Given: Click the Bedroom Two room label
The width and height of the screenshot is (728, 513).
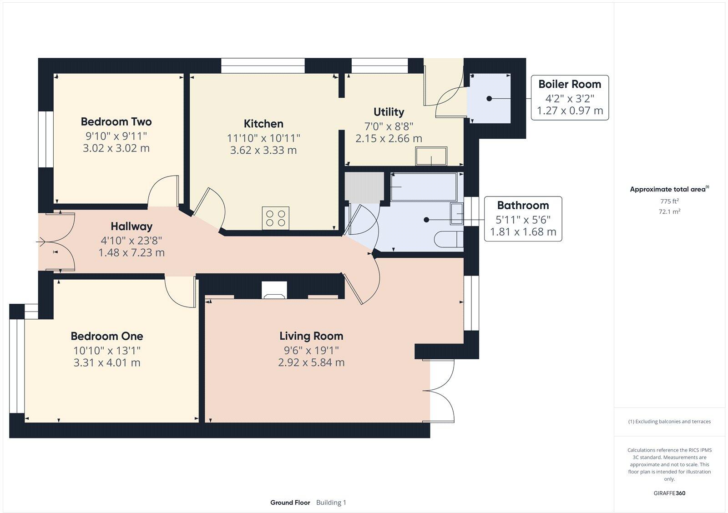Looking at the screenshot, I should pos(116,121).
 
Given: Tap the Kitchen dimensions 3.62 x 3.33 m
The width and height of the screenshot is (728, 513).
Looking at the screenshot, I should pos(263,150).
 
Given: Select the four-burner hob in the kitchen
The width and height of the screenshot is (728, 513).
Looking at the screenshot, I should pos(276,218).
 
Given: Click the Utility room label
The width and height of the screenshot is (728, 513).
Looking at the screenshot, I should pos(389,112).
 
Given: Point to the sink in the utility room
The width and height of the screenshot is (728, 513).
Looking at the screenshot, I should pos(431,156).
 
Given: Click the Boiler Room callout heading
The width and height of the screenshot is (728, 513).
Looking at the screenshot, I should pos(570,84).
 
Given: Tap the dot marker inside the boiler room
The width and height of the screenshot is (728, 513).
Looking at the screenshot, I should pos(489,98).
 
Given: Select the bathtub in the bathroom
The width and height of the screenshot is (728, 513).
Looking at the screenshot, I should pos(423,187).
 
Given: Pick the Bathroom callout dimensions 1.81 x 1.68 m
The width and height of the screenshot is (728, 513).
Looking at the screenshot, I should pos(523,232).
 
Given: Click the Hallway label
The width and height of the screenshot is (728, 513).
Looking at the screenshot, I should pos(131,226).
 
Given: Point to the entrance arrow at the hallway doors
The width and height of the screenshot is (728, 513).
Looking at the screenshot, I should pos(41,242).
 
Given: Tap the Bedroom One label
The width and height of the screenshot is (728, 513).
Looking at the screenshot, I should pos(107,336).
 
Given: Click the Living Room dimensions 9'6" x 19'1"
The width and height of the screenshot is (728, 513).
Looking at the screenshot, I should pos(311,350).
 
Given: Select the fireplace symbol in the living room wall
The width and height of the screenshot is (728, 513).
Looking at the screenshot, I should pos(274,291).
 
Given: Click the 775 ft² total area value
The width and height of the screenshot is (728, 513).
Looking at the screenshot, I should pos(669,201).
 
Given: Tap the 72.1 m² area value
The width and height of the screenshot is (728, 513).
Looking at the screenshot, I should pos(669,211).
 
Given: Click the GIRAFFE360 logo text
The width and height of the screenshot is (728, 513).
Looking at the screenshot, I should pos(669,493).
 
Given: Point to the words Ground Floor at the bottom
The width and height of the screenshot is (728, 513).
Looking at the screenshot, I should pos(290,503).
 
